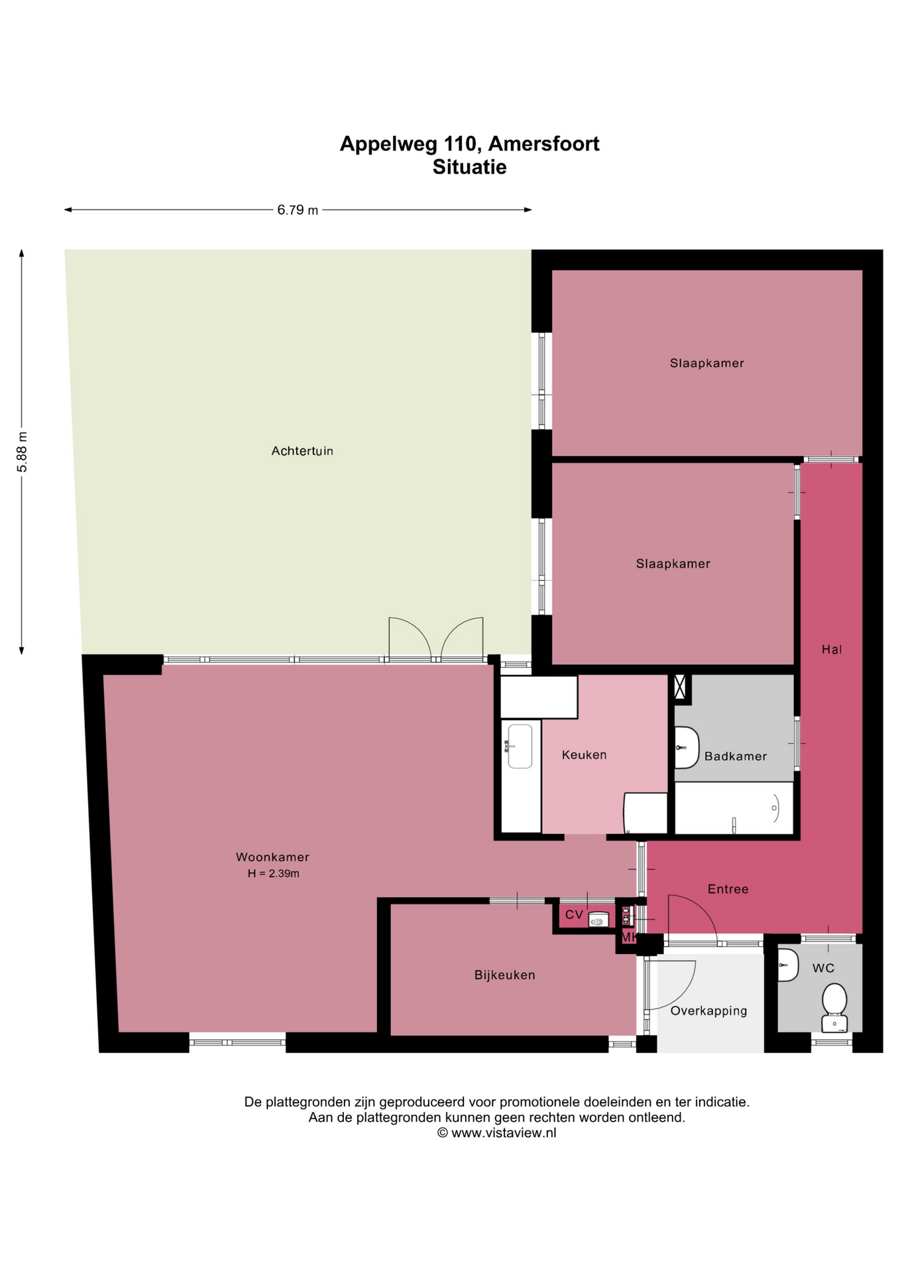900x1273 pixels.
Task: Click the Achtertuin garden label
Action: [x=302, y=451]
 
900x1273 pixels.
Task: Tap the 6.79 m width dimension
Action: [x=298, y=210]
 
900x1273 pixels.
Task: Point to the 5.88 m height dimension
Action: [x=23, y=452]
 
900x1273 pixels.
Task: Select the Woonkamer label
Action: [x=272, y=857]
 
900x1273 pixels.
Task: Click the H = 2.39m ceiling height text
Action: [x=274, y=874]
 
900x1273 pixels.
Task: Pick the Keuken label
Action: [x=584, y=755]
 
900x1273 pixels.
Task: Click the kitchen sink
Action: [x=520, y=747]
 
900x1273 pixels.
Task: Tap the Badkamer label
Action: [x=736, y=756]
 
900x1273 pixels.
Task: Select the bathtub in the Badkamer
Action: [x=734, y=808]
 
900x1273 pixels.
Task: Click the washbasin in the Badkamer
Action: [x=687, y=747]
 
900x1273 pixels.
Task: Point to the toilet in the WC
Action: [x=834, y=1008]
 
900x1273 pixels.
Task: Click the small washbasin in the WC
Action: [x=787, y=965]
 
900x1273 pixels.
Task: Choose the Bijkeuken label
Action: [x=504, y=975]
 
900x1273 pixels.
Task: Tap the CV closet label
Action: [x=574, y=915]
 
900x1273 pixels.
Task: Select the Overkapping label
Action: [x=708, y=1011]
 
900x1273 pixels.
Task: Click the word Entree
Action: [x=728, y=889]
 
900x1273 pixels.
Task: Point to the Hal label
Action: [x=832, y=649]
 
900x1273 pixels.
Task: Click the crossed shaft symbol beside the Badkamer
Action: [x=680, y=687]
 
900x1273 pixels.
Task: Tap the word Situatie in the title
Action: [x=469, y=167]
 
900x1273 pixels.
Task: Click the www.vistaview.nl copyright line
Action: [x=496, y=1132]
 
